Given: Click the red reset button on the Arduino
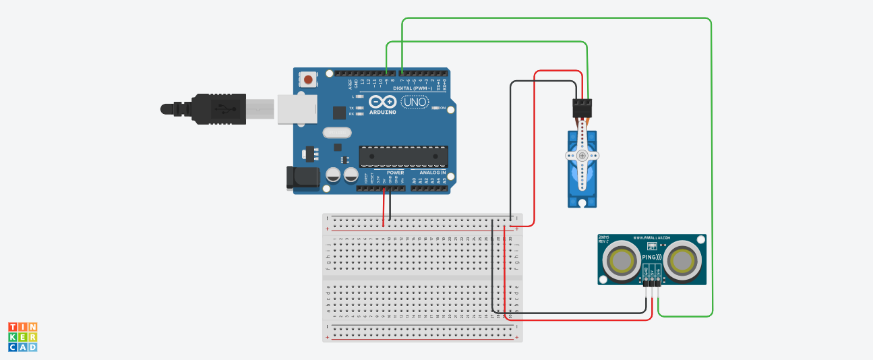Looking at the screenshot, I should coord(308,80).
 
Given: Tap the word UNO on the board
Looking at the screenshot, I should coord(415,102).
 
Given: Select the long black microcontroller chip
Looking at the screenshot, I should coord(403,156).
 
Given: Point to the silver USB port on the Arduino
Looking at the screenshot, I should coord(297,109).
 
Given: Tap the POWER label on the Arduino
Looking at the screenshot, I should coord(395,173).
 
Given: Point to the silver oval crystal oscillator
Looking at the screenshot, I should coord(337,132).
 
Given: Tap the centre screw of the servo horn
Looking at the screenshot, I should coord(581,156).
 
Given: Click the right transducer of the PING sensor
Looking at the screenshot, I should coord(684,261).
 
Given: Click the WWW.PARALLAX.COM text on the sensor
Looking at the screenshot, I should coord(652,238).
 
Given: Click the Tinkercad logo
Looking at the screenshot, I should coord(23,336).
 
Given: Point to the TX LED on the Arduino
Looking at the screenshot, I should coord(359,108).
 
